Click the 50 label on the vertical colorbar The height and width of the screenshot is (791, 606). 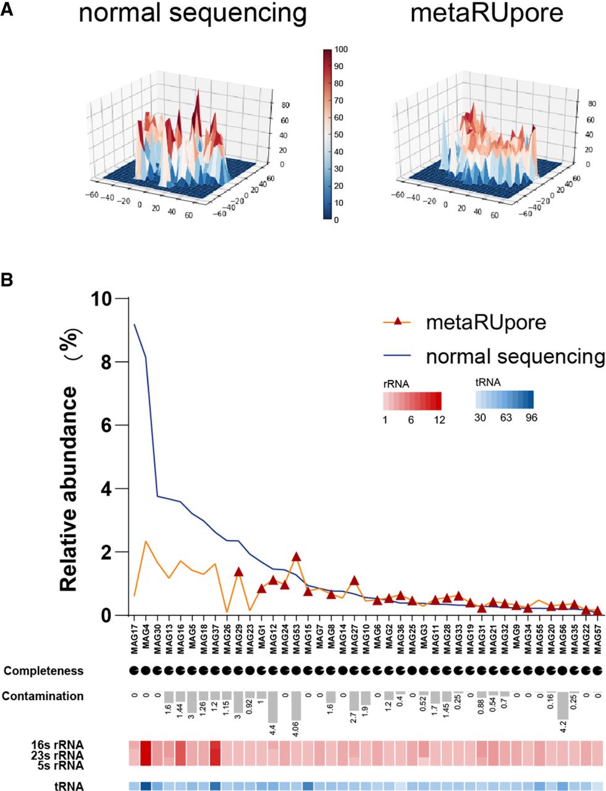pyautogui.click(x=339, y=135)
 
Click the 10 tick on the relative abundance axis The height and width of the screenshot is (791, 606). pyautogui.click(x=103, y=298)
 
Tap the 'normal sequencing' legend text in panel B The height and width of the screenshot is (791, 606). pyautogui.click(x=515, y=357)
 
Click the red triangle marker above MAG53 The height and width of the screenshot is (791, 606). pyautogui.click(x=296, y=556)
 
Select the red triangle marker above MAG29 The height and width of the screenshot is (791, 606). pyautogui.click(x=238, y=572)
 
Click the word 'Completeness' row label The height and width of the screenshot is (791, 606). pyautogui.click(x=43, y=670)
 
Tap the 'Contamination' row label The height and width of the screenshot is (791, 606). pyautogui.click(x=43, y=696)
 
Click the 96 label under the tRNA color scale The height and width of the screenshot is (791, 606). pyautogui.click(x=531, y=418)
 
